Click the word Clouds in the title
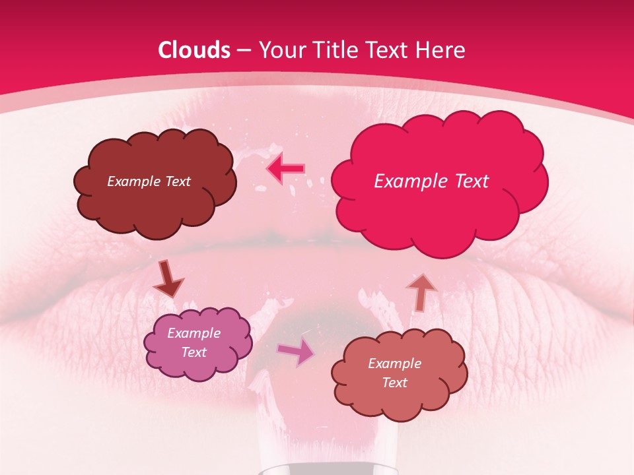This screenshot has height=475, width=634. point(194,50)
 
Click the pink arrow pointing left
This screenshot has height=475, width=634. point(286,169)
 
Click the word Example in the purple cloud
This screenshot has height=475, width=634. point(194,333)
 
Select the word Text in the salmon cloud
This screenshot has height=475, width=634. point(394,383)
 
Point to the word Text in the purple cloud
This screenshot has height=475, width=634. point(194,352)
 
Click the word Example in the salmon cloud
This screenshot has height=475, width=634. point(394,364)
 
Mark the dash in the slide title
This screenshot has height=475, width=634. point(243,51)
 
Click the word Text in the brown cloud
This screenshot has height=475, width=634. point(177,181)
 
